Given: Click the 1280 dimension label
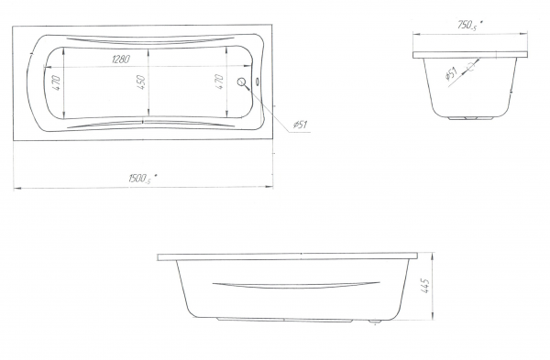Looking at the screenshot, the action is coord(121,59).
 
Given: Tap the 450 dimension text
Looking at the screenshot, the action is coord(141,82).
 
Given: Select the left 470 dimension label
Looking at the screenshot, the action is coord(57,83).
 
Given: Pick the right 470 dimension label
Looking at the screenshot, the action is coord(219,82).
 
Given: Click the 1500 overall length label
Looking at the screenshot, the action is coord(139,179).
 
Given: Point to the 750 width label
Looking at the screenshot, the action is coord(467,26).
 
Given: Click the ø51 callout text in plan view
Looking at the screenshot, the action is coord(301,125).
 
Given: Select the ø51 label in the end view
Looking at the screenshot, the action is coord(451,73).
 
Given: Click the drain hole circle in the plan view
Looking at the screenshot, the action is coord(241,82).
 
